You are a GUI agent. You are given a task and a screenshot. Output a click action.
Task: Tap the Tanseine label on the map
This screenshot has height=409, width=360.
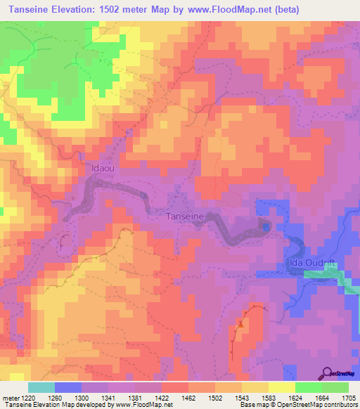point(186,217)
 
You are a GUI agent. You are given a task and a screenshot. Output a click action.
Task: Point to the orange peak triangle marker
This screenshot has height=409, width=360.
point(240,324)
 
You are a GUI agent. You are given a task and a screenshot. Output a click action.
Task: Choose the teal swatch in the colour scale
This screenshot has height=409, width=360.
point(41,387)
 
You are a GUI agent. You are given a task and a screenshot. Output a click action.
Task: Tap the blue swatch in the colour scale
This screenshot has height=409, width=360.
point(68,387)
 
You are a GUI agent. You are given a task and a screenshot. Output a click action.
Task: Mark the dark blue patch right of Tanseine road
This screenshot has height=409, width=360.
point(265,226)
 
